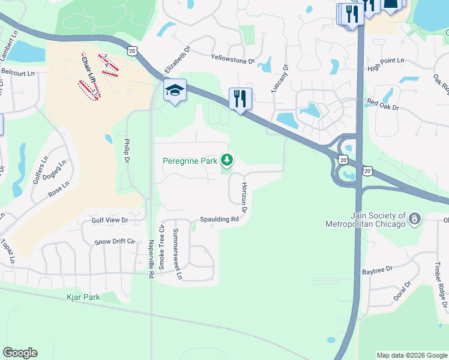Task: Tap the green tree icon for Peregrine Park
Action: tap(226, 160)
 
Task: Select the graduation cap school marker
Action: tap(175, 91)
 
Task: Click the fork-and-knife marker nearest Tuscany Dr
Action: tap(240, 98)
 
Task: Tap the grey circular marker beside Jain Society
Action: tap(414, 220)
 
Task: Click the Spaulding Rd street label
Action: tap(220, 220)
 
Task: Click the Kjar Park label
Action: tap(83, 297)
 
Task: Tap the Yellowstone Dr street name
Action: tap(233, 59)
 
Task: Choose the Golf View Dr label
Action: tap(110, 220)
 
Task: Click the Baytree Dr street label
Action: tap(378, 271)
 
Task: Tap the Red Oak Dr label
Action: tap(383, 103)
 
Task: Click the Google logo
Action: tap(20, 353)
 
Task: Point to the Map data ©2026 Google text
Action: tap(412, 355)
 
